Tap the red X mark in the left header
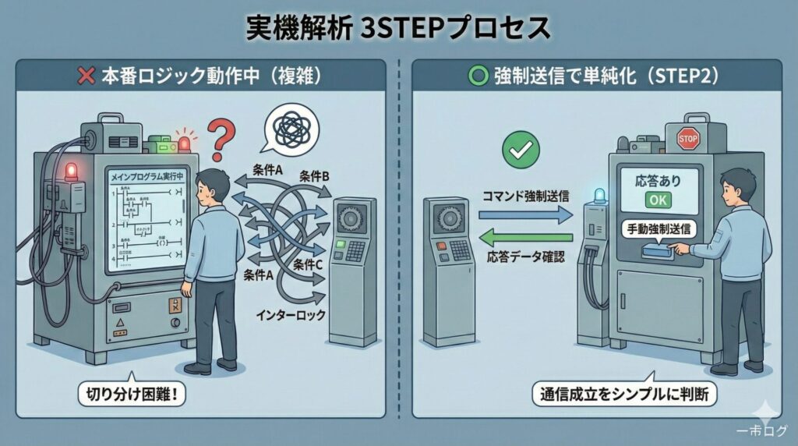click(87, 78)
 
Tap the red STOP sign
click(687, 140)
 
